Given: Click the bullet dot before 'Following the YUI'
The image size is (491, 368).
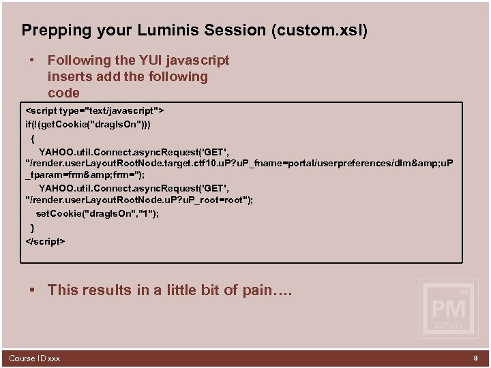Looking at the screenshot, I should pos(32,61).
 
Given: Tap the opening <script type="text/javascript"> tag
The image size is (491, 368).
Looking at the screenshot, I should pos(95,110).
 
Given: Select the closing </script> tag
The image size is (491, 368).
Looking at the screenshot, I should pos(45,241).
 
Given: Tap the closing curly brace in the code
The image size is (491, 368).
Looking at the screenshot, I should pos(32,227).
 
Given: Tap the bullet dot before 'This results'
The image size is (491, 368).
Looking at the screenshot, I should pos(32,290).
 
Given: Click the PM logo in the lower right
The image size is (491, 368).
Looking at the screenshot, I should pos(448,309).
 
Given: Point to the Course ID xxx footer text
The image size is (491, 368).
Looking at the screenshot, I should pos(34,358).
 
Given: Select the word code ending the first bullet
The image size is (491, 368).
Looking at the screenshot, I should pos(63,93).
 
